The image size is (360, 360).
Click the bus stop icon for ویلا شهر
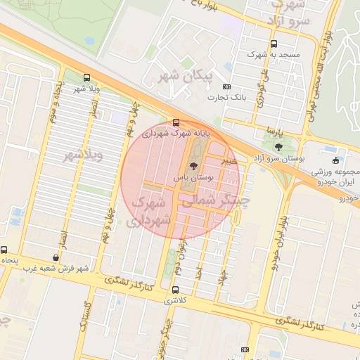pos(86,77)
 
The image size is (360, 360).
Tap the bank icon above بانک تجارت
pos(226,86)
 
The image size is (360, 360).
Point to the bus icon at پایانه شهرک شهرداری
pos(176,122)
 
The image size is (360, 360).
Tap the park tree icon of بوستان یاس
pos(193,167)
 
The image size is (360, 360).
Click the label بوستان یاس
pos(193,179)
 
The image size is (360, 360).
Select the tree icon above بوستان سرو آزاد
pos(279,147)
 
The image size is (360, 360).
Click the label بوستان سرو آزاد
pos(279,159)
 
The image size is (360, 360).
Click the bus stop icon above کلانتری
pos(175,289)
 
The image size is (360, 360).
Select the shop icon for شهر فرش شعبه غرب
pos(56,257)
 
